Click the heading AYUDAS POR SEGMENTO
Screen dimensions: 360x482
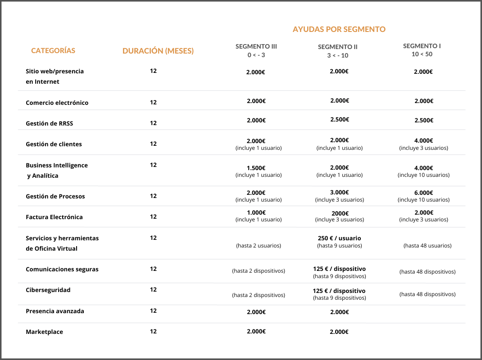[x=339, y=29]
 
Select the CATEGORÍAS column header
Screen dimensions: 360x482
[x=53, y=51]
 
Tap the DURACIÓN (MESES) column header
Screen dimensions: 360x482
[x=158, y=51]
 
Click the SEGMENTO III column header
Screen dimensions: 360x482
[x=256, y=46]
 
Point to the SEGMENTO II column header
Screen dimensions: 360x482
[x=338, y=47]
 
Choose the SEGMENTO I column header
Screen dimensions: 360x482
[x=422, y=46]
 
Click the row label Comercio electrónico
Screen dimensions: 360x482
[x=57, y=103]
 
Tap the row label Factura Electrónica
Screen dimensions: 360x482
[x=54, y=217]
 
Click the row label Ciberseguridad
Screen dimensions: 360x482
[x=48, y=290]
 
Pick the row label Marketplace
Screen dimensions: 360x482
[x=45, y=332]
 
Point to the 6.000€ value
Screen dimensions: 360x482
[x=423, y=192]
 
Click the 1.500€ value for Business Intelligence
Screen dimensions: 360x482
[x=256, y=168]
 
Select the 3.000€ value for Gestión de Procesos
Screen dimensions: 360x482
[x=339, y=192]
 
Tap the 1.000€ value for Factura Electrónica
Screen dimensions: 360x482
[x=256, y=212]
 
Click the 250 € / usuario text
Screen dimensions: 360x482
[x=339, y=238]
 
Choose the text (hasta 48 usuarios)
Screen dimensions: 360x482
[x=427, y=246]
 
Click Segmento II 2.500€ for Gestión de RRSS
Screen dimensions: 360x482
[x=339, y=119]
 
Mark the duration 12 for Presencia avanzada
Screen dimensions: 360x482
[x=153, y=310]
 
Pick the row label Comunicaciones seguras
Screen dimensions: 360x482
[x=62, y=269]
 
